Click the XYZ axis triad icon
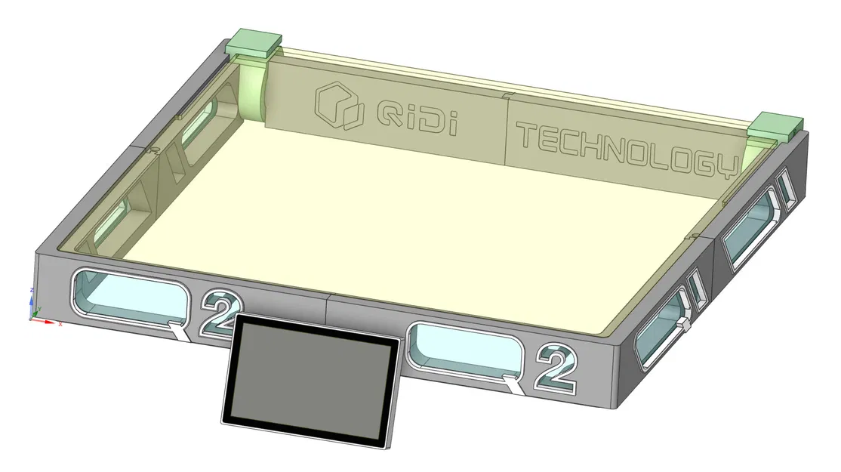click(x=35, y=309)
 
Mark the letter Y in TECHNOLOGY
click(x=725, y=165)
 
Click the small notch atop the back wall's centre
click(x=507, y=96)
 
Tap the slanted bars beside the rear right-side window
click(x=785, y=189)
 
